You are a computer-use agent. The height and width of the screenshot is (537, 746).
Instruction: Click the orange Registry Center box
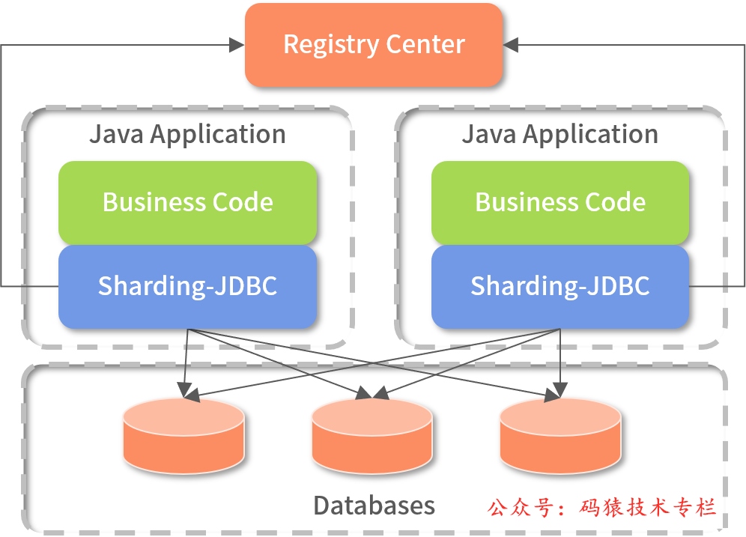[x=374, y=44]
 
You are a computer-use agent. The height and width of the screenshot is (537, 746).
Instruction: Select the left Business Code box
[x=187, y=202]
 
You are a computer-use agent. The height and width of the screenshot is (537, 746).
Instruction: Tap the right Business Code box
[x=560, y=202]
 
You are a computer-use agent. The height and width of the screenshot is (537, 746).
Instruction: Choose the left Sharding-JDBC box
[x=187, y=286]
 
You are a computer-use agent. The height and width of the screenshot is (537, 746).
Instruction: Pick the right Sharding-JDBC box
[x=560, y=286]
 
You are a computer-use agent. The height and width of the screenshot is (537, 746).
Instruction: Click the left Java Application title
[x=187, y=135]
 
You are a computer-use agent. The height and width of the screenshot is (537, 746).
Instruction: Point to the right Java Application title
[x=559, y=135]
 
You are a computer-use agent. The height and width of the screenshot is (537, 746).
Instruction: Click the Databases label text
[x=374, y=506]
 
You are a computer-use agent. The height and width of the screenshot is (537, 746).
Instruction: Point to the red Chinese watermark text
[x=602, y=507]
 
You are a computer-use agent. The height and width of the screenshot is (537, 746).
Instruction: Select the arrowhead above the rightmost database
[x=558, y=392]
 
